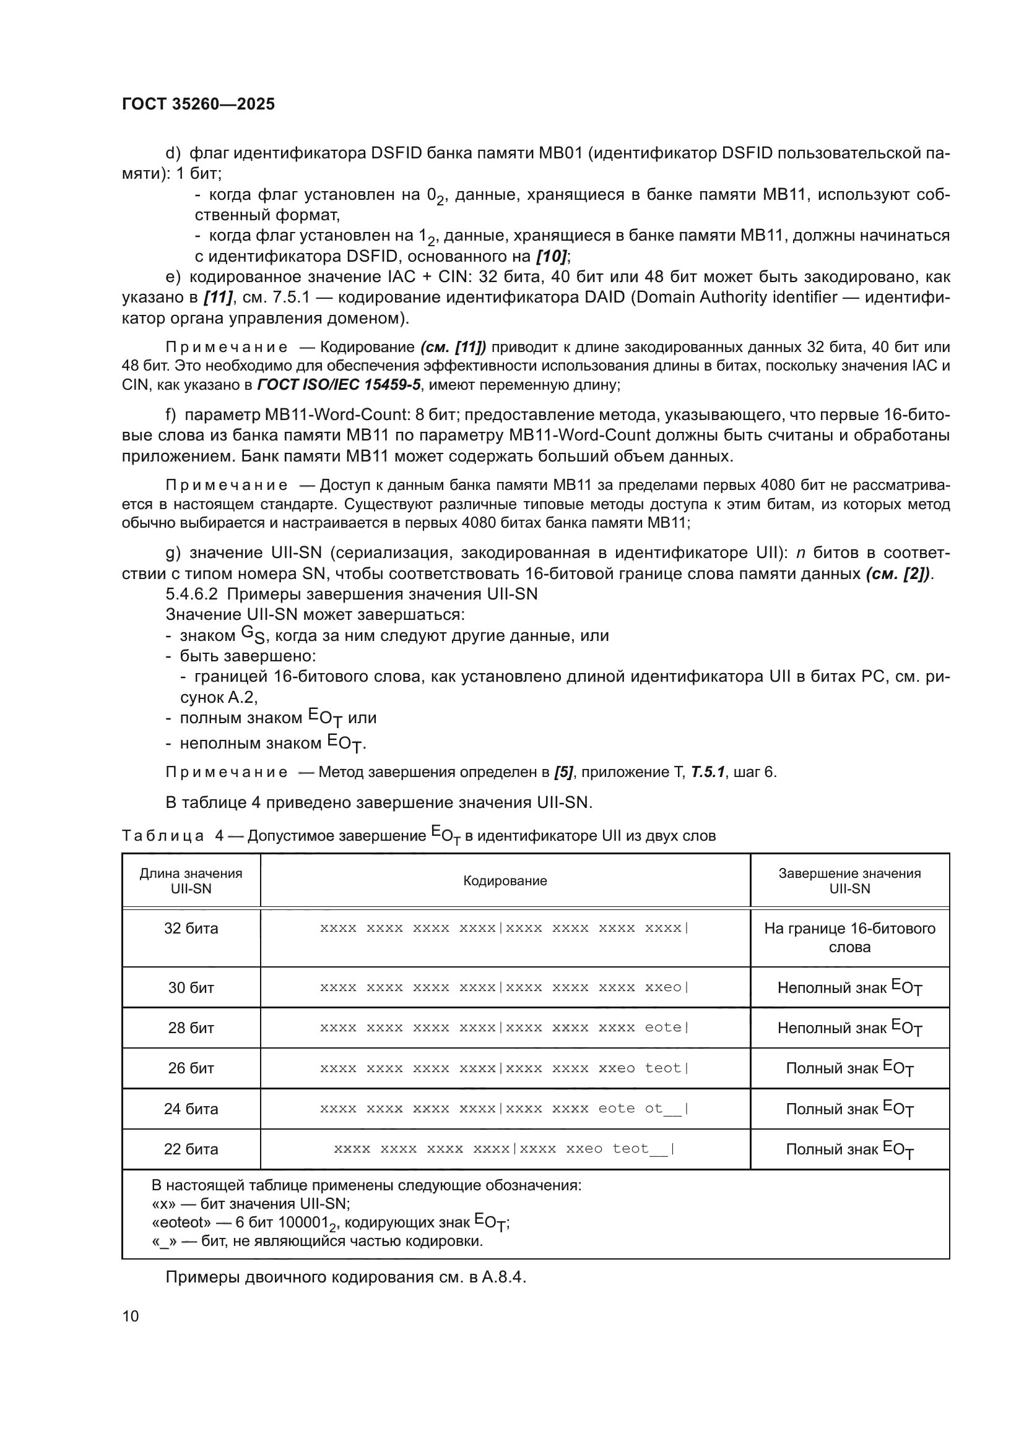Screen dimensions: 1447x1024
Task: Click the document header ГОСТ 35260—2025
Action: tap(198, 104)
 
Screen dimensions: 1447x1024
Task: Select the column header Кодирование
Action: tap(505, 880)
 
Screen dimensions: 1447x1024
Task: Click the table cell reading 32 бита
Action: tap(191, 929)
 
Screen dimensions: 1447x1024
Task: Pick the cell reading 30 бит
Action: tap(191, 987)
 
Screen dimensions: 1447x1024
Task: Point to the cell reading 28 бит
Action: tap(191, 1028)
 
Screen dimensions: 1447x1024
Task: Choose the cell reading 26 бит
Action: tap(191, 1068)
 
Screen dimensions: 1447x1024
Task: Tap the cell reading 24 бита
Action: tap(191, 1109)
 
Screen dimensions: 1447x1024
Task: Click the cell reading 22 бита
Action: tap(191, 1149)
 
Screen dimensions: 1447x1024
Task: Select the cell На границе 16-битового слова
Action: tap(849, 937)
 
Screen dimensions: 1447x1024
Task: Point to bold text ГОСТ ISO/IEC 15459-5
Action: tap(339, 384)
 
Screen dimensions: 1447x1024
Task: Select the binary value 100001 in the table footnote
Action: tap(305, 1222)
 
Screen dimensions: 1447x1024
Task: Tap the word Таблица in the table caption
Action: tap(163, 836)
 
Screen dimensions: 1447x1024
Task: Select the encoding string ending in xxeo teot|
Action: tap(505, 1068)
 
